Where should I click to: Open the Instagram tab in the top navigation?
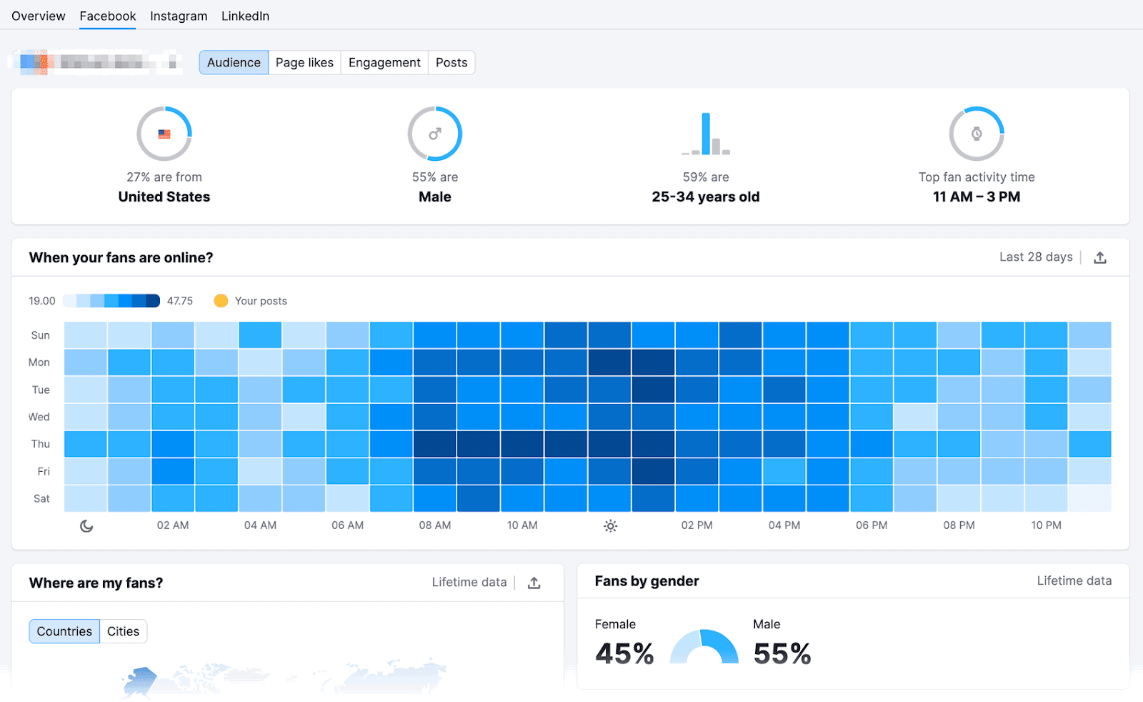(x=179, y=16)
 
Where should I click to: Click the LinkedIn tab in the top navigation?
(x=245, y=16)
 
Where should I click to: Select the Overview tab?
(x=39, y=16)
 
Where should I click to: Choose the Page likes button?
(x=304, y=63)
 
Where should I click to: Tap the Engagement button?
(x=384, y=63)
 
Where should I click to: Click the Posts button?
(x=451, y=63)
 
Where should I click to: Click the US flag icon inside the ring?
(x=164, y=134)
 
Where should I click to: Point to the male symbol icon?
(x=435, y=134)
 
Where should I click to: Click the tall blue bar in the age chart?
(x=706, y=133)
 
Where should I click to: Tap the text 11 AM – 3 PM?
(x=977, y=197)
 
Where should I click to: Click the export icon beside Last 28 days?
(x=1100, y=257)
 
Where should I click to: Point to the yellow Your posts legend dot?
(x=221, y=301)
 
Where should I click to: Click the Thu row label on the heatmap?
(x=41, y=444)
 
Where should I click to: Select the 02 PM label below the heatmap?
(x=697, y=525)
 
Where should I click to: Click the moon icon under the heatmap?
(x=86, y=526)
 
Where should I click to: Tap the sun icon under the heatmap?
(x=610, y=526)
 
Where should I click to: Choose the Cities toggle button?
(x=123, y=631)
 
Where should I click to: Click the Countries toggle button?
(x=64, y=631)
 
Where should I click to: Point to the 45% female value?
(x=624, y=653)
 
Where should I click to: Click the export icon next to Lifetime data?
(x=534, y=583)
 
